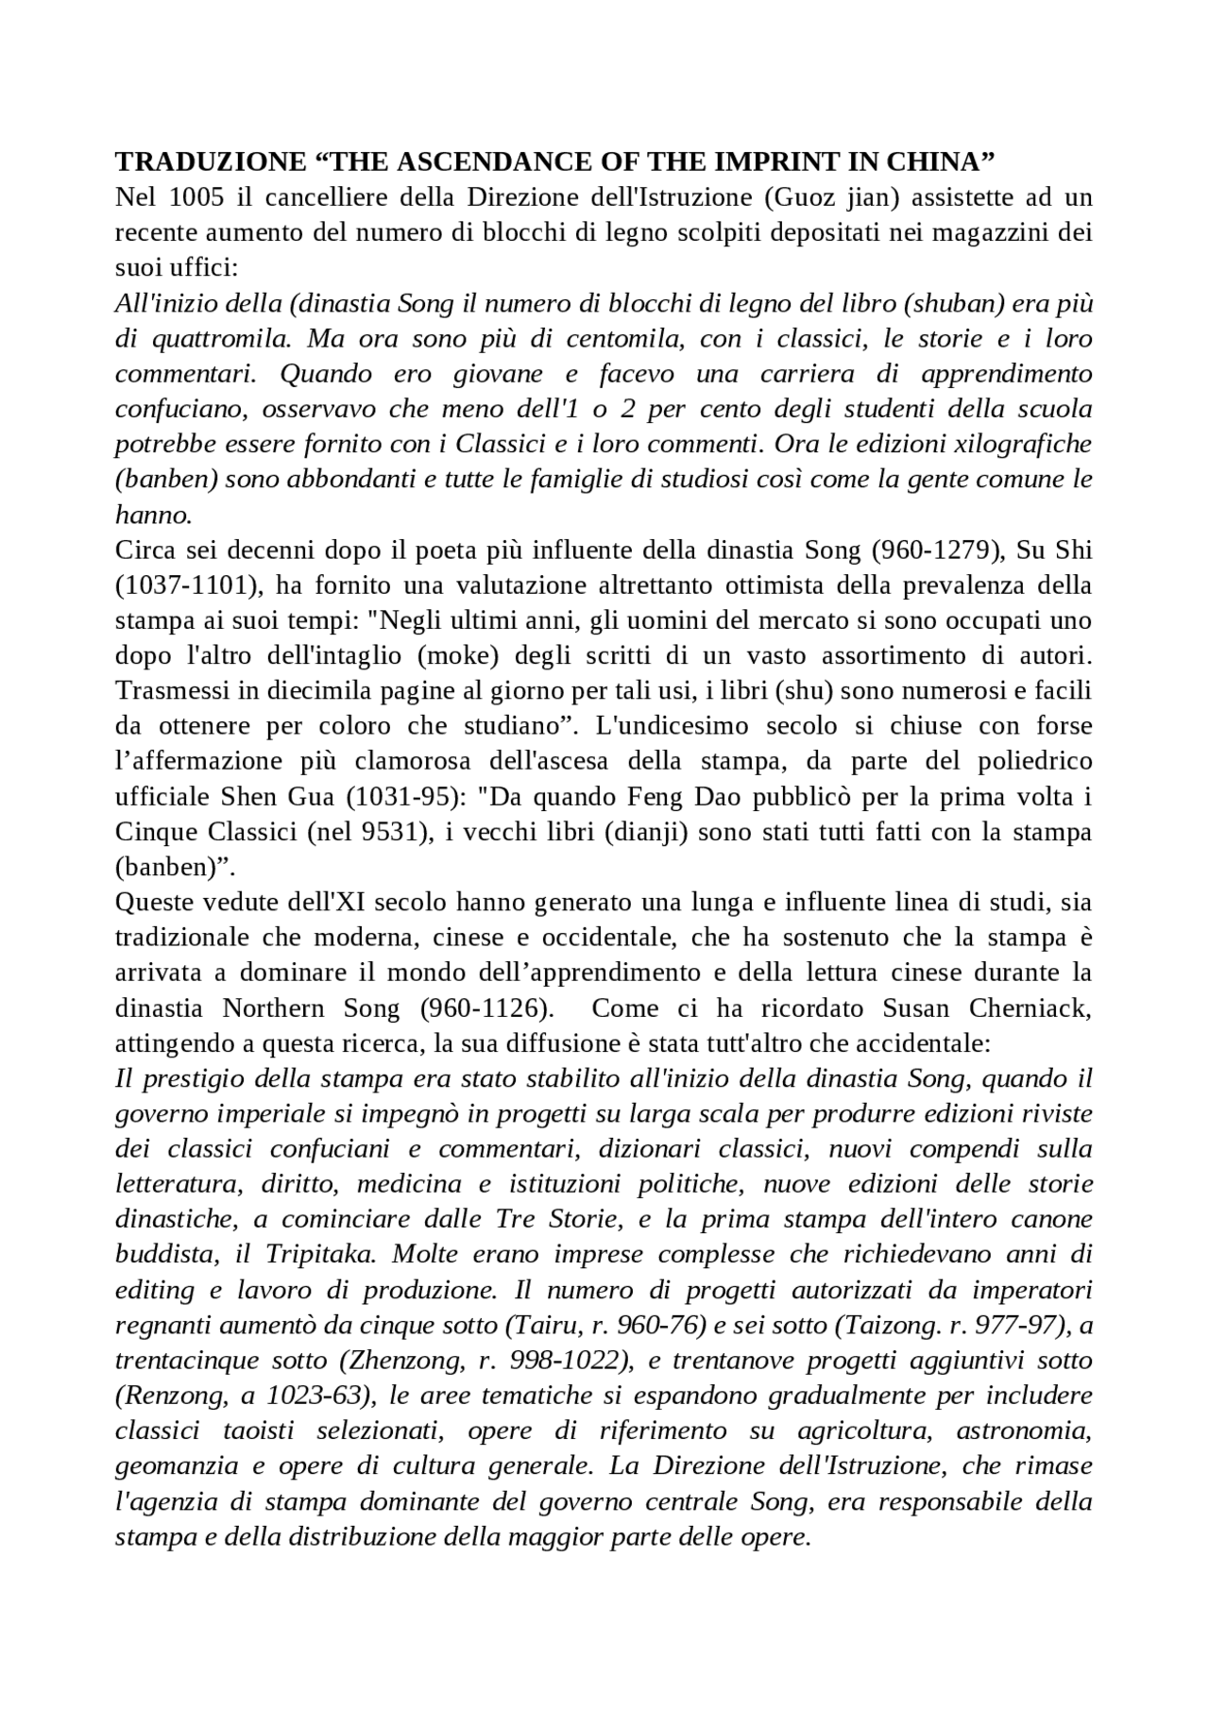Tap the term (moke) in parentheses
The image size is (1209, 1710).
[448, 655]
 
